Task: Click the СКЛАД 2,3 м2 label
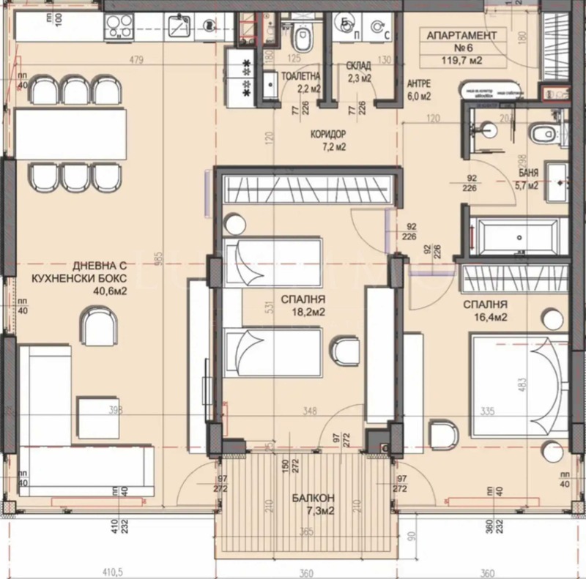pyautogui.click(x=358, y=71)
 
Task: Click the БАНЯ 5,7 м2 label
pyautogui.click(x=527, y=180)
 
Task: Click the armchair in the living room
pyautogui.click(x=97, y=325)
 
